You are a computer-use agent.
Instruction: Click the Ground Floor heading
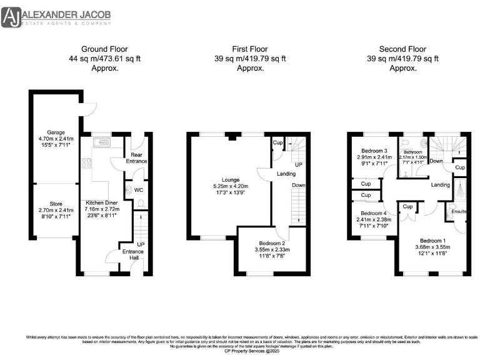tap(104, 49)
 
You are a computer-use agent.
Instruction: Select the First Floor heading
tap(248, 49)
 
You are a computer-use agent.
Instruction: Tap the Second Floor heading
tap(402, 49)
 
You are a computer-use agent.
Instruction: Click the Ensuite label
tap(459, 212)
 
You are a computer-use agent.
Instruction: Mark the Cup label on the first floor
tap(276, 142)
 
